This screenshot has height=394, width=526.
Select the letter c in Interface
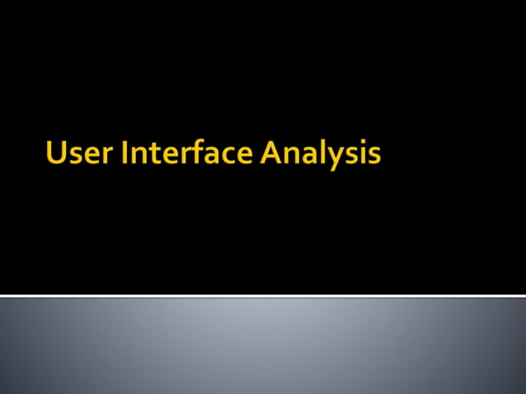point(228,157)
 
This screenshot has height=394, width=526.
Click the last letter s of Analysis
point(374,157)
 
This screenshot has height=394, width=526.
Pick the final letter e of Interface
point(245,157)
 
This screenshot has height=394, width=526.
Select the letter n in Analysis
point(294,157)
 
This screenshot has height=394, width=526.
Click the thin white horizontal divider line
point(263,295)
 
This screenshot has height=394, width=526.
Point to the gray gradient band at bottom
point(263,346)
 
